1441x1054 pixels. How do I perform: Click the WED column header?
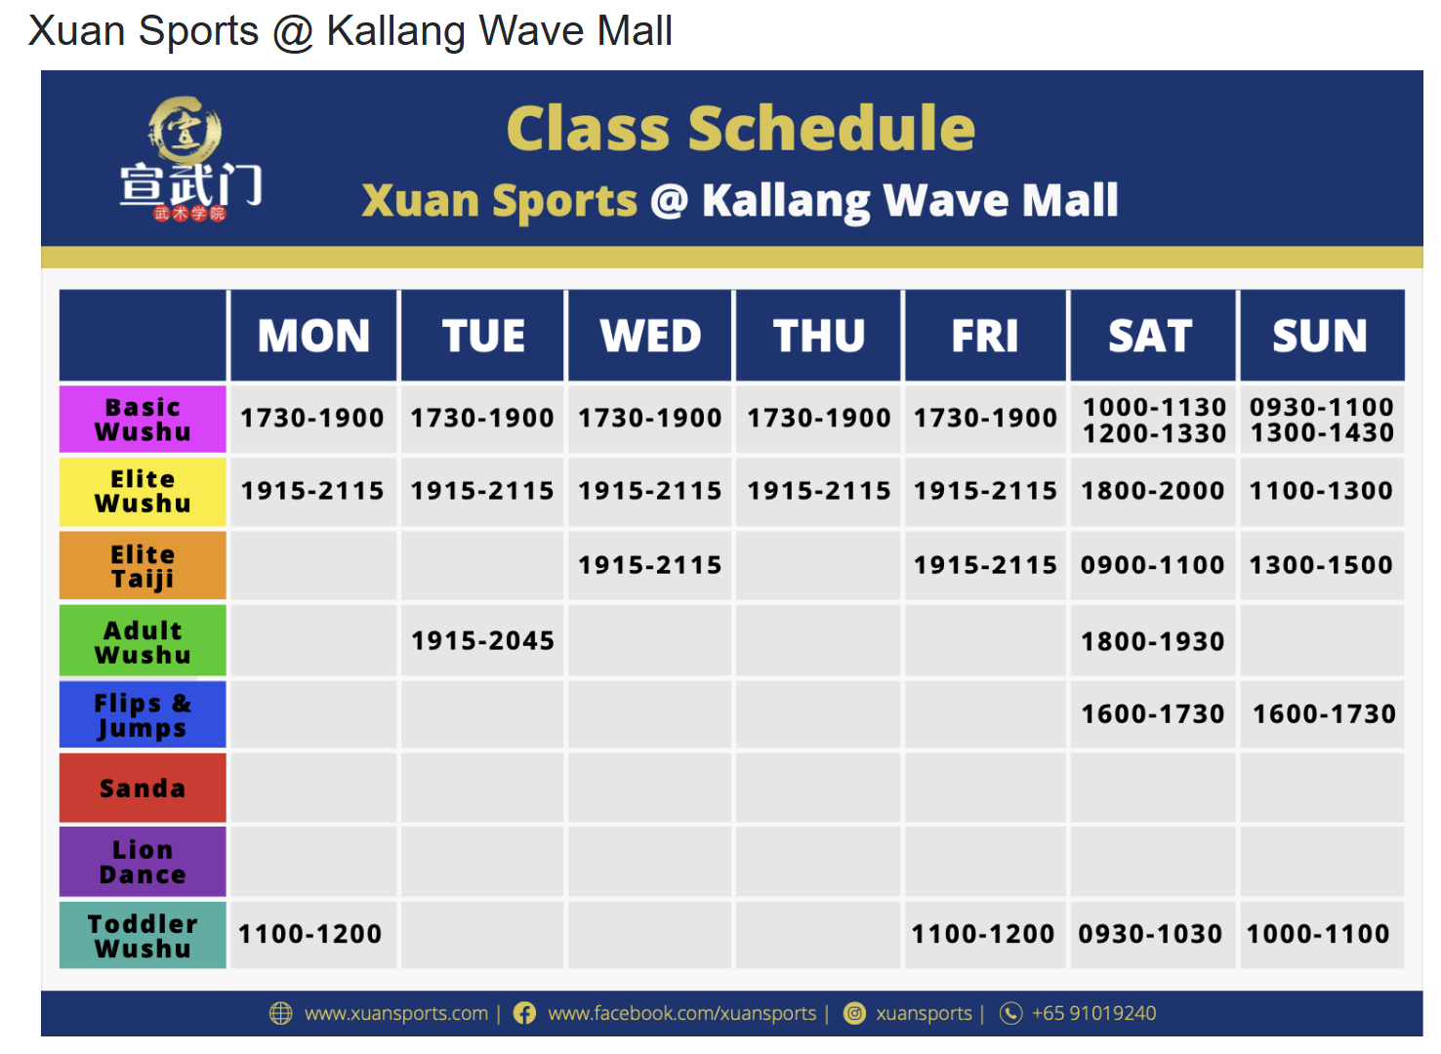tap(650, 336)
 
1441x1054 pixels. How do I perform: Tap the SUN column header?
tap(1320, 336)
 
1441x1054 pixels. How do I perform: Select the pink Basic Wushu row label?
tap(143, 420)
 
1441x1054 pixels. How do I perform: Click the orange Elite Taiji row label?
tap(143, 566)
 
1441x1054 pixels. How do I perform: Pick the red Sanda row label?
tap(143, 788)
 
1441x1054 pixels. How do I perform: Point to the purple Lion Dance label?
tap(143, 862)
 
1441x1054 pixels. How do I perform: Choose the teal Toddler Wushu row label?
tap(143, 935)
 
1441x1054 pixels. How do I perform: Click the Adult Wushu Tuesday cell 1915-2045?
tap(482, 641)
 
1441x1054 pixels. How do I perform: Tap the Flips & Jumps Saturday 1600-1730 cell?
tap(1152, 714)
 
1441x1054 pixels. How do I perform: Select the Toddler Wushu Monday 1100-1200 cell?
tap(310, 934)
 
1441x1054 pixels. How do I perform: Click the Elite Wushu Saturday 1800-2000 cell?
tap(1152, 491)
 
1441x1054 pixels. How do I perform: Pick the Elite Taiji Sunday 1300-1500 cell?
tap(1321, 565)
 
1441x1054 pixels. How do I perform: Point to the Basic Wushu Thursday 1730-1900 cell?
tap(819, 419)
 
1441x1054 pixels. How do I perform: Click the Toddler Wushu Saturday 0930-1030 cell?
tap(1150, 934)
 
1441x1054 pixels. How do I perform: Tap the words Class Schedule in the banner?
tap(740, 129)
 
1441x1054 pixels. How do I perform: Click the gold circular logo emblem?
tap(185, 130)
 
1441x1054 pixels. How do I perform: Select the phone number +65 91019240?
tap(1093, 1013)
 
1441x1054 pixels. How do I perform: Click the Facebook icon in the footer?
tap(524, 1013)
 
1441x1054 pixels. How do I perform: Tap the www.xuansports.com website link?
tap(396, 1013)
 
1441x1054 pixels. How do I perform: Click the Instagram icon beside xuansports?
tap(854, 1013)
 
